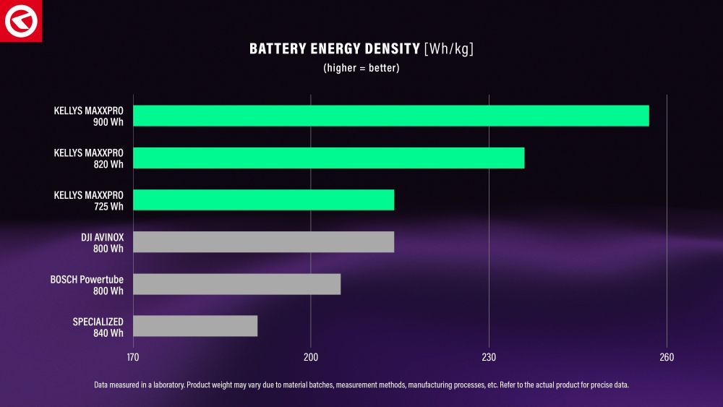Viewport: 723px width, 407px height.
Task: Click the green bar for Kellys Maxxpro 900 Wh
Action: click(x=390, y=116)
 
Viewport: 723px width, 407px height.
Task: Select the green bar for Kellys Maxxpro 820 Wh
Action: click(x=329, y=158)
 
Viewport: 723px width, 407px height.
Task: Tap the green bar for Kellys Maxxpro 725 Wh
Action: click(x=264, y=200)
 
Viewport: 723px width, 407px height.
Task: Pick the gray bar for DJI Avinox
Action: click(x=264, y=242)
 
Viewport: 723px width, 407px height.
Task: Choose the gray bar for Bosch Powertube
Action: click(x=237, y=284)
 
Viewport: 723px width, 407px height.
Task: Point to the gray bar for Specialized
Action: click(x=195, y=326)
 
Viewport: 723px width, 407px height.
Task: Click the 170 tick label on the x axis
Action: click(x=133, y=358)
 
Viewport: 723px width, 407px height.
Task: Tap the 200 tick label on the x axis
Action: click(x=311, y=358)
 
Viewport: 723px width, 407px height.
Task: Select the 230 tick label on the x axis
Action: click(x=489, y=358)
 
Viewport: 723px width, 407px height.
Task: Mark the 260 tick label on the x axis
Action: click(x=667, y=358)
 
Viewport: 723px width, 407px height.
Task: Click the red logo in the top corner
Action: click(x=21, y=21)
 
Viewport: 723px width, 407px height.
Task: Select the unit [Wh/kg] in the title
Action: click(x=449, y=49)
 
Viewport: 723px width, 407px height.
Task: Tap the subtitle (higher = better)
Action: click(x=361, y=68)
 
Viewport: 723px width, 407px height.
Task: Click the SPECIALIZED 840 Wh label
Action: click(x=98, y=326)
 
